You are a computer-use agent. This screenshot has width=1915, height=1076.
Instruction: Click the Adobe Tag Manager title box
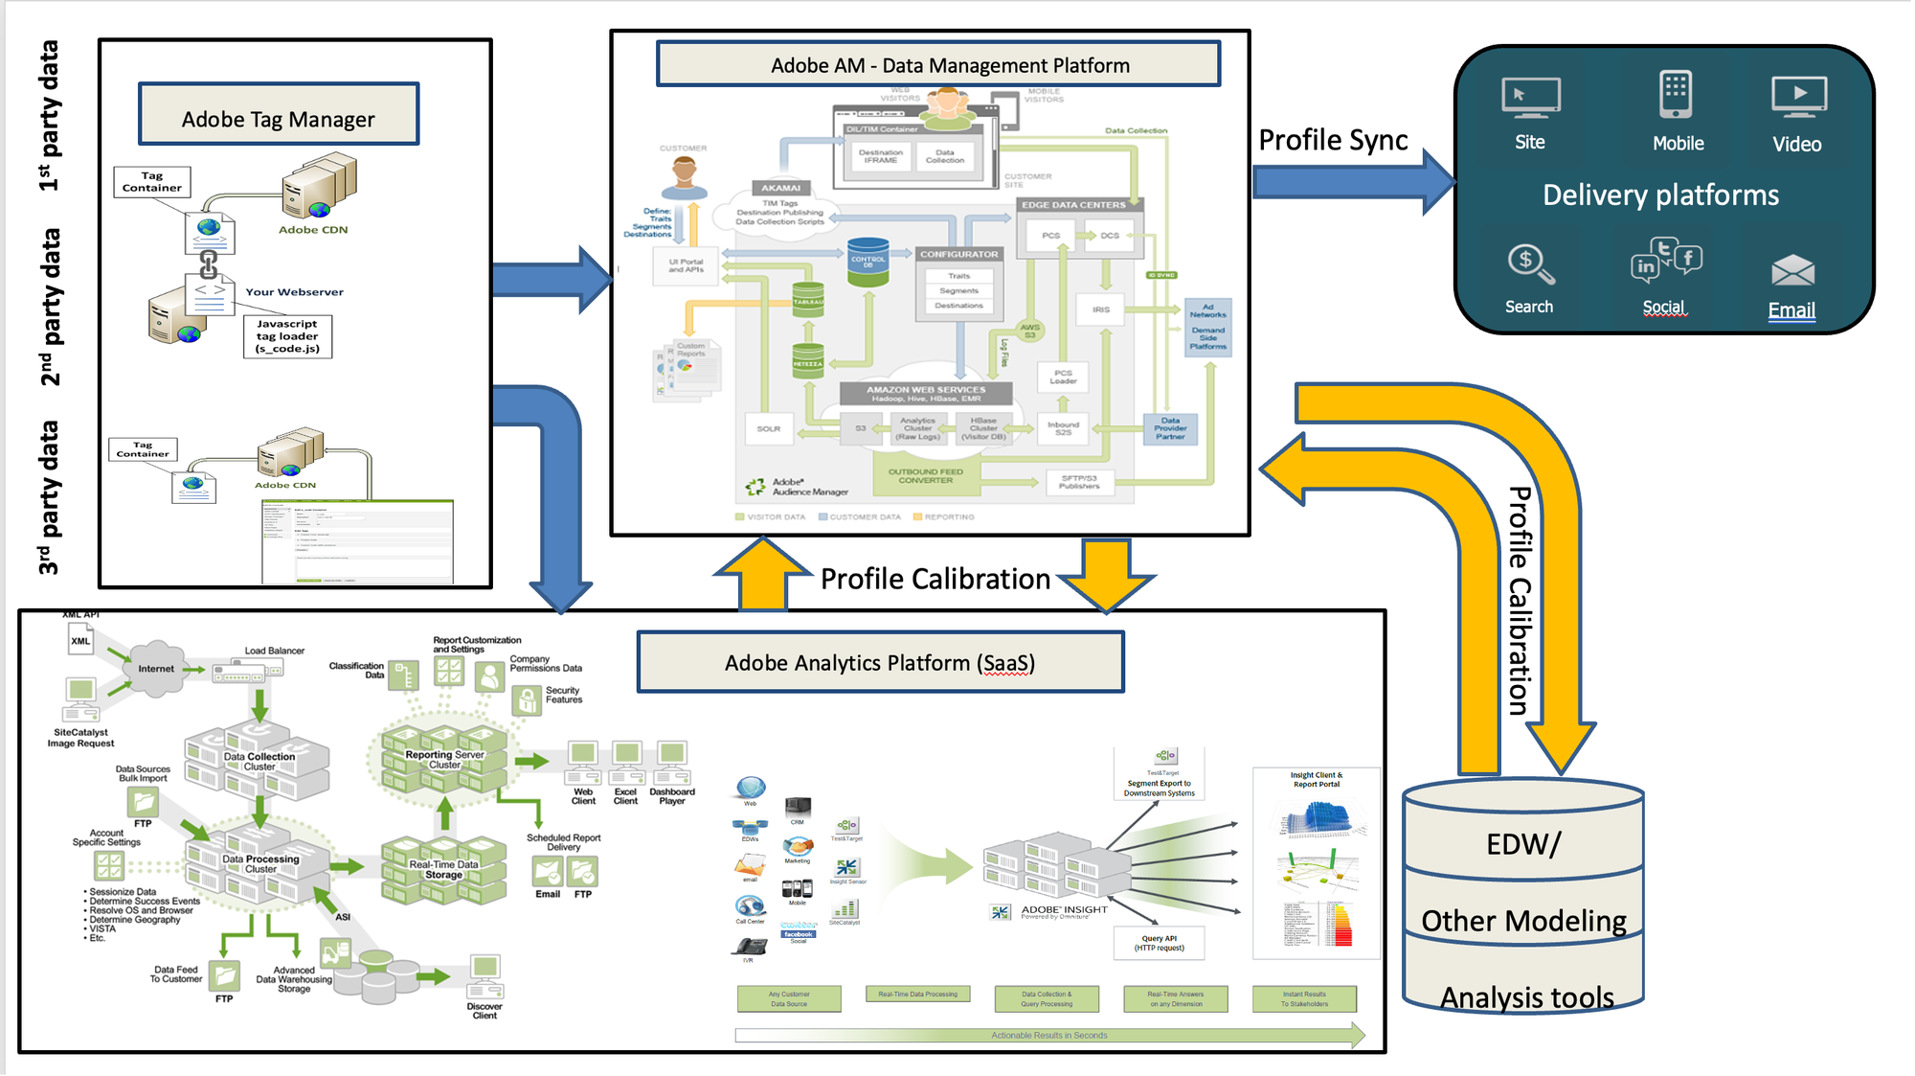coord(279,114)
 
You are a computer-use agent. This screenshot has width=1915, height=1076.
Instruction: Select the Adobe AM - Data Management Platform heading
coord(938,64)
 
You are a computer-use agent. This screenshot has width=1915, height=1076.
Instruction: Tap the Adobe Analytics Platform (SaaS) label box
coord(880,662)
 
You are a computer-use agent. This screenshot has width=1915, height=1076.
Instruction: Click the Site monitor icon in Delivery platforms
coord(1531,98)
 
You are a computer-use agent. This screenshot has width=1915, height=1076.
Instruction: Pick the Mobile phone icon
coord(1676,95)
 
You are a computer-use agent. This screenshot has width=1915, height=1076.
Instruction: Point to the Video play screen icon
coord(1799,97)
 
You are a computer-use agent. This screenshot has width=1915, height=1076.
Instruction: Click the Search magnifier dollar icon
coord(1529,265)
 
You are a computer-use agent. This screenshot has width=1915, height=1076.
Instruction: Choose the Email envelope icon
coord(1792,271)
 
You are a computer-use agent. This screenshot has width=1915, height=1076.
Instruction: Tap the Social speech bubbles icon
coord(1666,262)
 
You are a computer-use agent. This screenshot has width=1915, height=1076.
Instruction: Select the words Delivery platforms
coord(1660,195)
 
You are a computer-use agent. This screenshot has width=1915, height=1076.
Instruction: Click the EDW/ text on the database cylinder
coord(1523,844)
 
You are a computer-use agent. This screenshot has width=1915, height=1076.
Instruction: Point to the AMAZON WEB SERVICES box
coord(925,393)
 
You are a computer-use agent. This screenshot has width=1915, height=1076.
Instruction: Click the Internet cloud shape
coord(156,667)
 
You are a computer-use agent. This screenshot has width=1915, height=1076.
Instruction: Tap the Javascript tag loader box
coord(287,336)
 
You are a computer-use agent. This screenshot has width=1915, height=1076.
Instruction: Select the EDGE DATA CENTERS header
coord(1074,205)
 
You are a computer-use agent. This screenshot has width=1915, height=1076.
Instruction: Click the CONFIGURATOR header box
coord(959,255)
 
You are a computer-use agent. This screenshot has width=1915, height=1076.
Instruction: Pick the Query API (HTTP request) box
coord(1159,943)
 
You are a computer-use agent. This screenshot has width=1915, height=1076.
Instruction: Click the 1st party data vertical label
coord(49,115)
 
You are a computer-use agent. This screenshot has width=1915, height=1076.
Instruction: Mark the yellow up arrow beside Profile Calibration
coord(762,574)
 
